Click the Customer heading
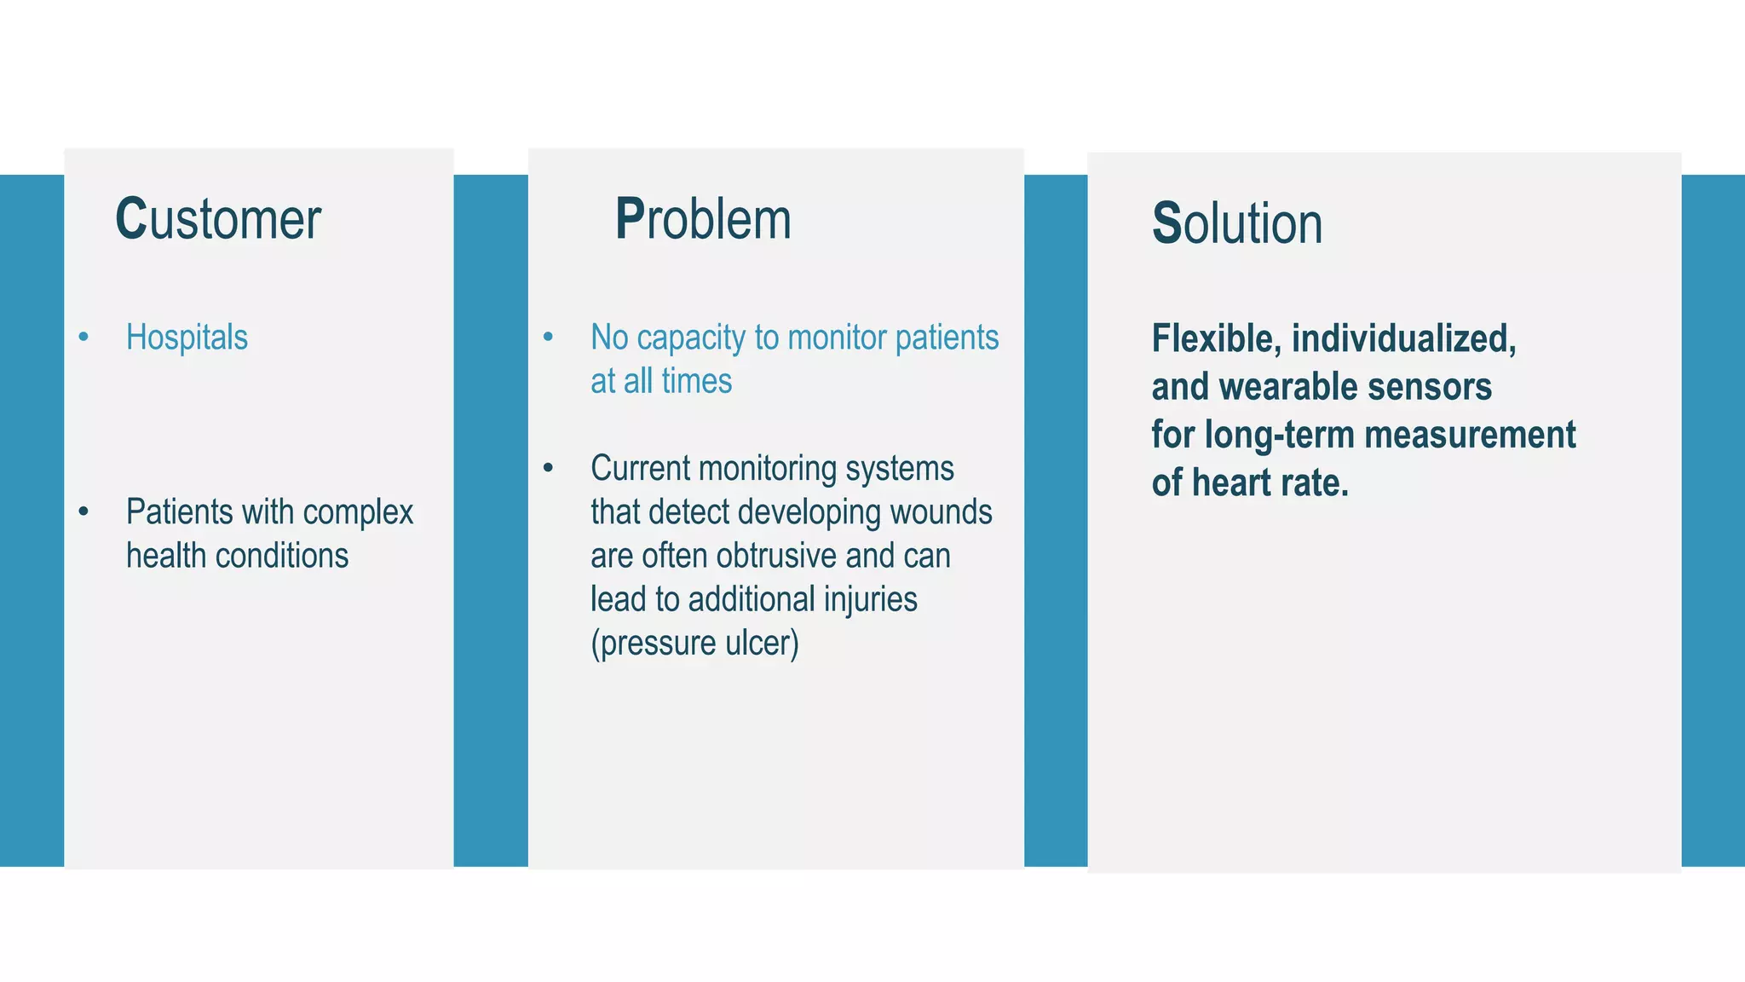tap(218, 219)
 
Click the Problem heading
tap(703, 219)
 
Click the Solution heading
tap(1236, 223)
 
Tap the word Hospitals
tap(187, 338)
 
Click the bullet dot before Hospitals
tap(84, 338)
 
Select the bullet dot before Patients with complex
tap(84, 512)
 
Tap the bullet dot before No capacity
tap(548, 338)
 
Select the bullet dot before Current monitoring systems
tap(548, 468)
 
